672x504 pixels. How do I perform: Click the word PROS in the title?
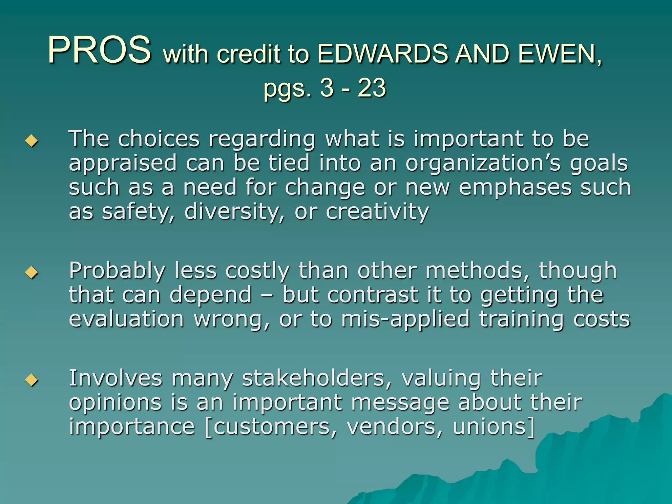pyautogui.click(x=99, y=50)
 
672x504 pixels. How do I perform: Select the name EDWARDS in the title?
pyautogui.click(x=382, y=53)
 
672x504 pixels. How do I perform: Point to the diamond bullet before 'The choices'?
pyautogui.click(x=31, y=141)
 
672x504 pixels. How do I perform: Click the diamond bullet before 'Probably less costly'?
pyautogui.click(x=31, y=272)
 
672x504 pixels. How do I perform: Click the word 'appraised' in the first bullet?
pyautogui.click(x=123, y=163)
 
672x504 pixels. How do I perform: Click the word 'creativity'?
pyautogui.click(x=377, y=212)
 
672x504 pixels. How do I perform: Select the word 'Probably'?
pyautogui.click(x=117, y=271)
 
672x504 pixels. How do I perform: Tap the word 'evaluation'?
pyautogui.click(x=126, y=320)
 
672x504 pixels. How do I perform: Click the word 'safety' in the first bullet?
pyautogui.click(x=138, y=212)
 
